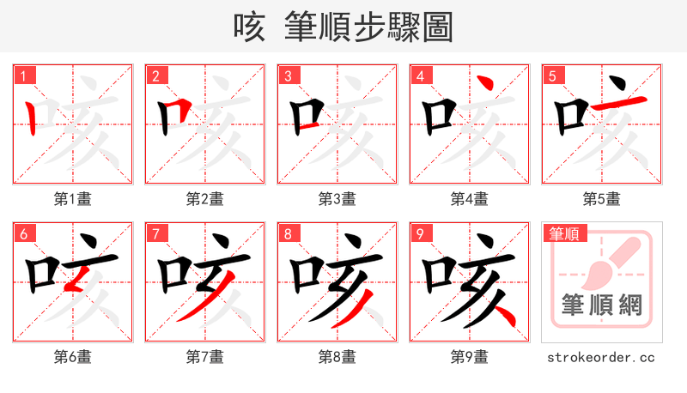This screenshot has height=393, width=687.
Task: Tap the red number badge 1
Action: pos(23,76)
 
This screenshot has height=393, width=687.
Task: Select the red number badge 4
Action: pos(420,76)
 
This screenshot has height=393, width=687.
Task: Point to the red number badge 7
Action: pos(155,233)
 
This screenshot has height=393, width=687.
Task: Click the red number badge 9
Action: pos(420,233)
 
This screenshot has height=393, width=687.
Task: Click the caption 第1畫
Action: pos(73,198)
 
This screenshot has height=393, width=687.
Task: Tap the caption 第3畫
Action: pos(337,198)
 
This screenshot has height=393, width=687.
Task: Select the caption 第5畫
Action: pos(602,198)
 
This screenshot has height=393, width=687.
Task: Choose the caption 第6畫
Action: pos(73,356)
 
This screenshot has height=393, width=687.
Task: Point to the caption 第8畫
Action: pos(337,356)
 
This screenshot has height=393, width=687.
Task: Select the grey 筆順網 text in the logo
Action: pos(602,305)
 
